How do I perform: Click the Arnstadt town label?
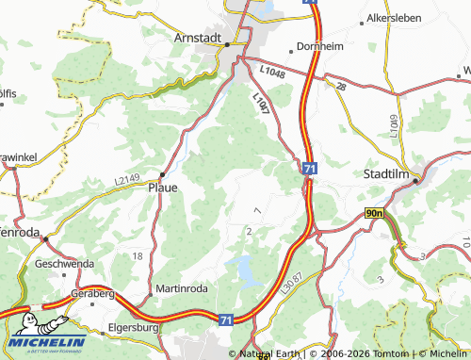(x=197, y=37)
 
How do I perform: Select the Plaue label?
(x=163, y=187)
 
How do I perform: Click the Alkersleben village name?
(x=394, y=18)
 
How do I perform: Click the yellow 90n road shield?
(x=375, y=214)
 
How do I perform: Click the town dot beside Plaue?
(x=162, y=173)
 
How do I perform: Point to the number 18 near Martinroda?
(x=138, y=256)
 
